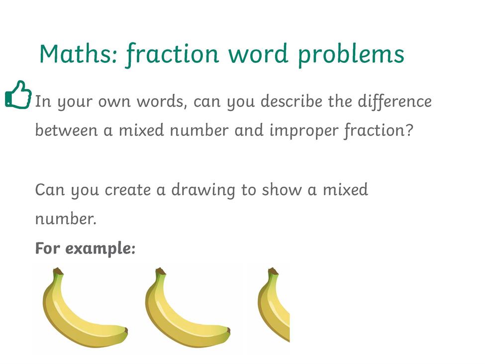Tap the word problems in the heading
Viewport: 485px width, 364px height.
click(351, 55)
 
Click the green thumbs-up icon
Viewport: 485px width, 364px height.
click(18, 95)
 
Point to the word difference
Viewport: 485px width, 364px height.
click(394, 101)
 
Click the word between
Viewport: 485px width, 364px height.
click(67, 130)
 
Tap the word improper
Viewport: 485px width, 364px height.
click(304, 130)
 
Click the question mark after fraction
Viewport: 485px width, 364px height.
click(409, 129)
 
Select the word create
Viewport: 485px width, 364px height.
click(128, 190)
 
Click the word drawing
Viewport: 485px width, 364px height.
click(203, 190)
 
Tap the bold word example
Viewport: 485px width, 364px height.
click(100, 248)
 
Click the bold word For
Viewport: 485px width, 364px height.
click(47, 248)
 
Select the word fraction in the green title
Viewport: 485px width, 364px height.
click(172, 54)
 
